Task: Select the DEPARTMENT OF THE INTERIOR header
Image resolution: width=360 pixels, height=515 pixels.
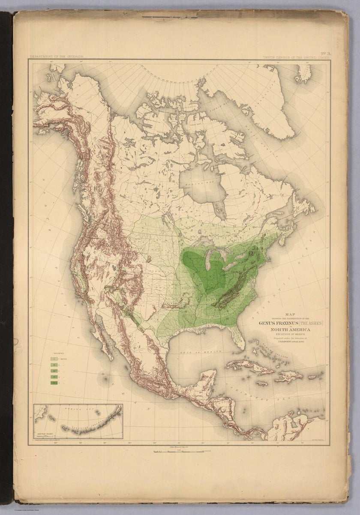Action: (54, 57)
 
